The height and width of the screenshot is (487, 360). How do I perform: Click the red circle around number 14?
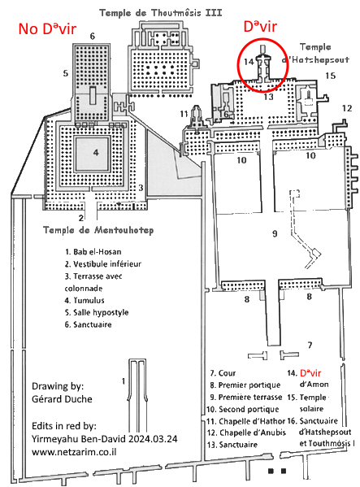click(238, 66)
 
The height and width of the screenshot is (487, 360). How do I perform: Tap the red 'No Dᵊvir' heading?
click(47, 28)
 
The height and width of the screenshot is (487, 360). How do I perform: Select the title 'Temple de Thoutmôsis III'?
click(160, 13)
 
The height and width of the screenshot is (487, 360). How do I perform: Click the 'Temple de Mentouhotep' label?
click(98, 230)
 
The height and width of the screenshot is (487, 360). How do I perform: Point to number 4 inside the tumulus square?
click(96, 152)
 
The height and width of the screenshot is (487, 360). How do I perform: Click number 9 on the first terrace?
click(275, 233)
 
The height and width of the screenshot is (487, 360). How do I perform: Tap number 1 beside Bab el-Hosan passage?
click(124, 380)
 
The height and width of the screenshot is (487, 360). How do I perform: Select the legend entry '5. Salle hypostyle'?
click(97, 312)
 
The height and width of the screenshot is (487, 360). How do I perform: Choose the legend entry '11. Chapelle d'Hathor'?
click(245, 421)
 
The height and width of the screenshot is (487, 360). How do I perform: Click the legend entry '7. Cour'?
click(223, 373)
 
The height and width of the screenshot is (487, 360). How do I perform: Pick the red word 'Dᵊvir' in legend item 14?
click(310, 372)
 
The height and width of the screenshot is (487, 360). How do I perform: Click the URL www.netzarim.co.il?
click(74, 451)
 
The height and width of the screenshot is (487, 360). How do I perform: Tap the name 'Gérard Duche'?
click(62, 399)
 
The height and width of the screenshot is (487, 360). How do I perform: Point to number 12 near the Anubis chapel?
click(347, 108)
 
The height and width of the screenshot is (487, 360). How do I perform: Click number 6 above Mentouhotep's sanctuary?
click(92, 37)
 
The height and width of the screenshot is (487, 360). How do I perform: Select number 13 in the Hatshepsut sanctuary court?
click(268, 97)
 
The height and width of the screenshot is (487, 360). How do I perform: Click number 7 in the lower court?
click(310, 345)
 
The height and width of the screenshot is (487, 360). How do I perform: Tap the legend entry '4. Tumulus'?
click(85, 300)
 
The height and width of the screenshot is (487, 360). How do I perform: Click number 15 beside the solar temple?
click(331, 76)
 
